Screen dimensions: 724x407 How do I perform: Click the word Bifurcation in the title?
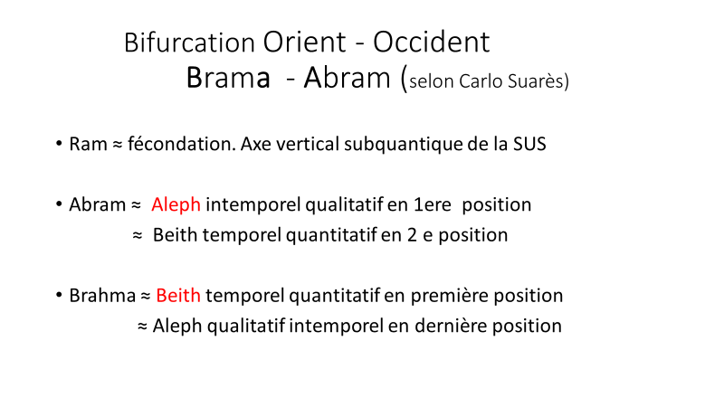(189, 43)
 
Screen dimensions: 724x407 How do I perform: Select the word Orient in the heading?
(304, 42)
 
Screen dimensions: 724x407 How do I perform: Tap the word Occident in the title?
(432, 42)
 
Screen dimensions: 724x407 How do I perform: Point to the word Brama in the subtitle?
(228, 77)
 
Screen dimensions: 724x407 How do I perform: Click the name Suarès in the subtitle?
(536, 81)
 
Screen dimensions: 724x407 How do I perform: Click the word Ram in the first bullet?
(88, 144)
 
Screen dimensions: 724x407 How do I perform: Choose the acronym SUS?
(529, 144)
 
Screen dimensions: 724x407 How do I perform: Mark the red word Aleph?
(176, 204)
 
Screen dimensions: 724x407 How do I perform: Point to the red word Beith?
(178, 296)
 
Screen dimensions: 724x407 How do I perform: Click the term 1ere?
(433, 205)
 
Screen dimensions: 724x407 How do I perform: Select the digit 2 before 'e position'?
(412, 235)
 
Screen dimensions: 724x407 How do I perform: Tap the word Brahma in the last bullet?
(102, 296)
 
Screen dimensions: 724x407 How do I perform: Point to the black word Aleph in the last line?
(177, 327)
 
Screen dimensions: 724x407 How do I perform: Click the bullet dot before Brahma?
(59, 295)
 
